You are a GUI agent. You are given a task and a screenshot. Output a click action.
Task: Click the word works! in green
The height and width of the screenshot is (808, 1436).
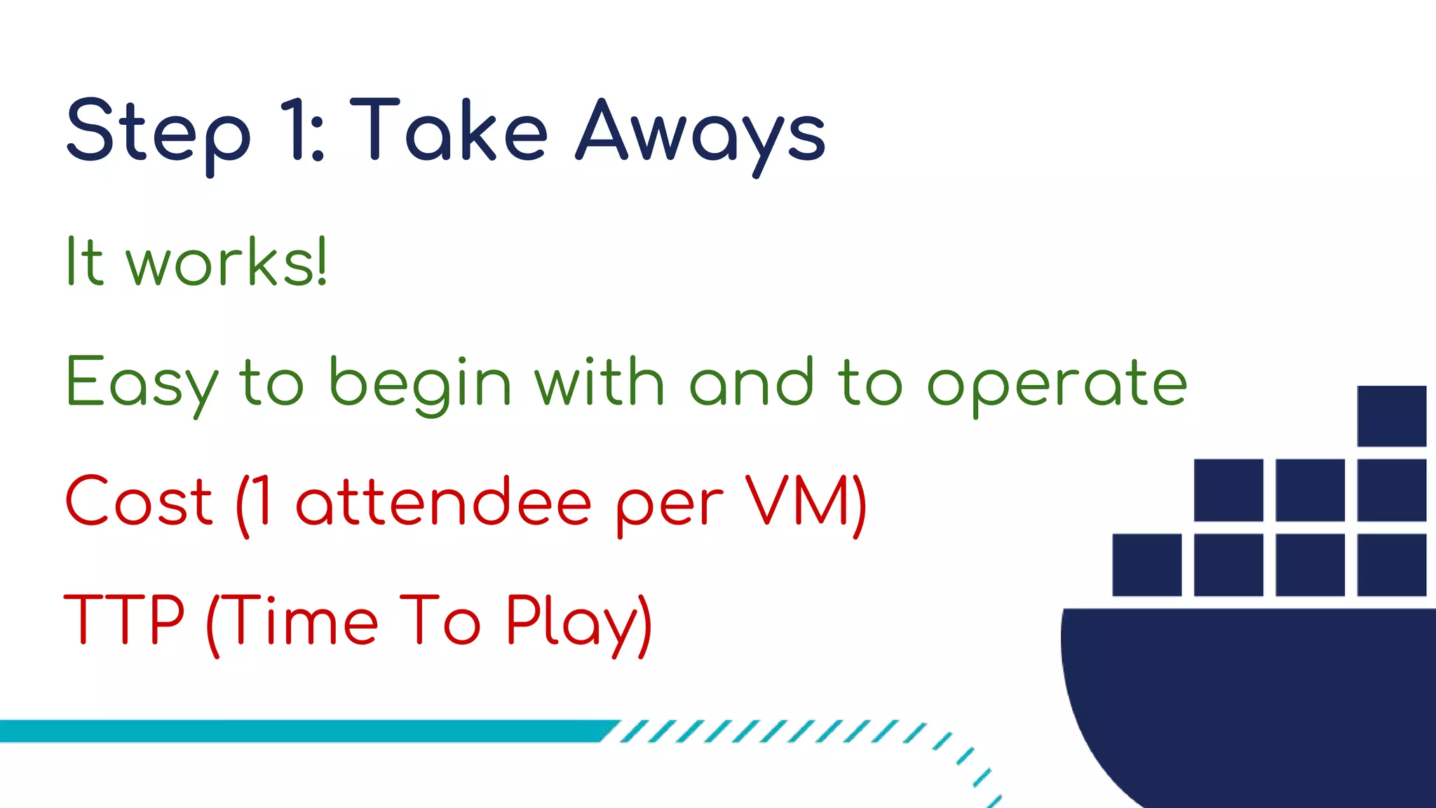pyautogui.click(x=226, y=262)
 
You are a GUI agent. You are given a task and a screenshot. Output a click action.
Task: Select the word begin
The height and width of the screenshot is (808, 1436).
pyautogui.click(x=420, y=383)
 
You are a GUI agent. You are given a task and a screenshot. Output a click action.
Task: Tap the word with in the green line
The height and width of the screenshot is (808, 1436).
pyautogui.click(x=600, y=382)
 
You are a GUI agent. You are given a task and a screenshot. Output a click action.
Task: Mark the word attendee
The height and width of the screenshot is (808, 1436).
pyautogui.click(x=444, y=502)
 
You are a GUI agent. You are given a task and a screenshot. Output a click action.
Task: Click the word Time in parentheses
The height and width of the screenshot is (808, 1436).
pyautogui.click(x=302, y=620)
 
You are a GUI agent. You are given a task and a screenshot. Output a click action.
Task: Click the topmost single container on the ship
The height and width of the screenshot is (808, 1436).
pyautogui.click(x=1391, y=416)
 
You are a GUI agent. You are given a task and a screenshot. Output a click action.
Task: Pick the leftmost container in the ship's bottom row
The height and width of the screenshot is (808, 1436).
pyautogui.click(x=1146, y=565)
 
